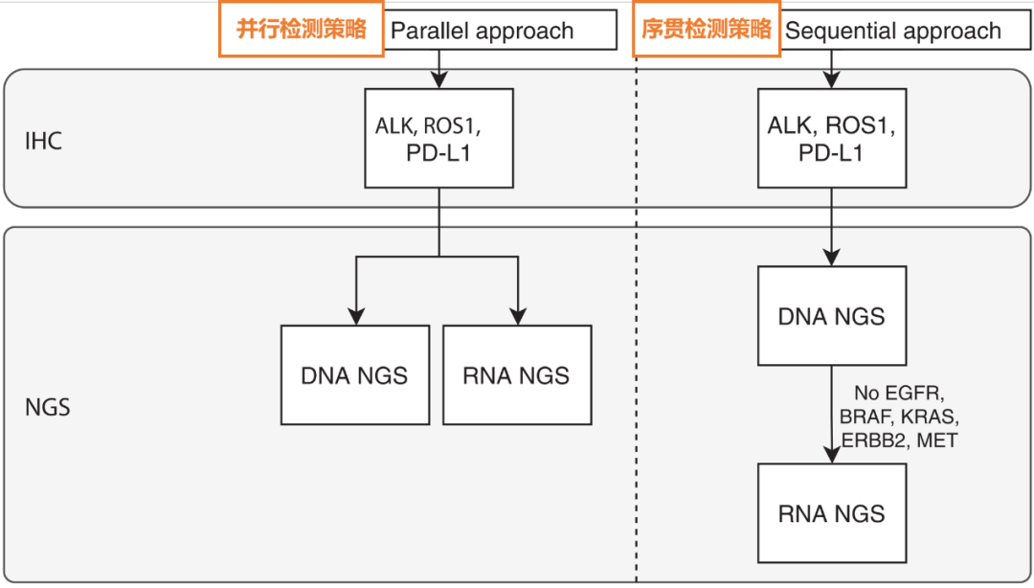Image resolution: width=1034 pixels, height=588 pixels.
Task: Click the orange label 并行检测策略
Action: coord(301,29)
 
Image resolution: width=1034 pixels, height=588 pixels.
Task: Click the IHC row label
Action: coord(43,142)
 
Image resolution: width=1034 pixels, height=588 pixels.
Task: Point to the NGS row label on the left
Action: coord(47,407)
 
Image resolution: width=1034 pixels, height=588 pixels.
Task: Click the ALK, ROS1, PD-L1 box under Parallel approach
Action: coord(438,138)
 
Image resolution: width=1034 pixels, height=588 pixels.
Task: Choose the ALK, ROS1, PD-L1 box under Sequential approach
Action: coord(831,138)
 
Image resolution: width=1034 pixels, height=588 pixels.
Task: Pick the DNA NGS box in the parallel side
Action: coord(354,375)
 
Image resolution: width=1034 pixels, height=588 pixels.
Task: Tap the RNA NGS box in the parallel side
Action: coord(517,375)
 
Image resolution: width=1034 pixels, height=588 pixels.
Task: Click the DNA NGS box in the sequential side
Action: coord(831,316)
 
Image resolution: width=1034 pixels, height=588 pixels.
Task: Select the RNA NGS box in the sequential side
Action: coord(831,513)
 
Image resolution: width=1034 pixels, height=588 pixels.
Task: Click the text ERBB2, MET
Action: coord(899,441)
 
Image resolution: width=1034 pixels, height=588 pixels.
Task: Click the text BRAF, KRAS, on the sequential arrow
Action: coord(899,417)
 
